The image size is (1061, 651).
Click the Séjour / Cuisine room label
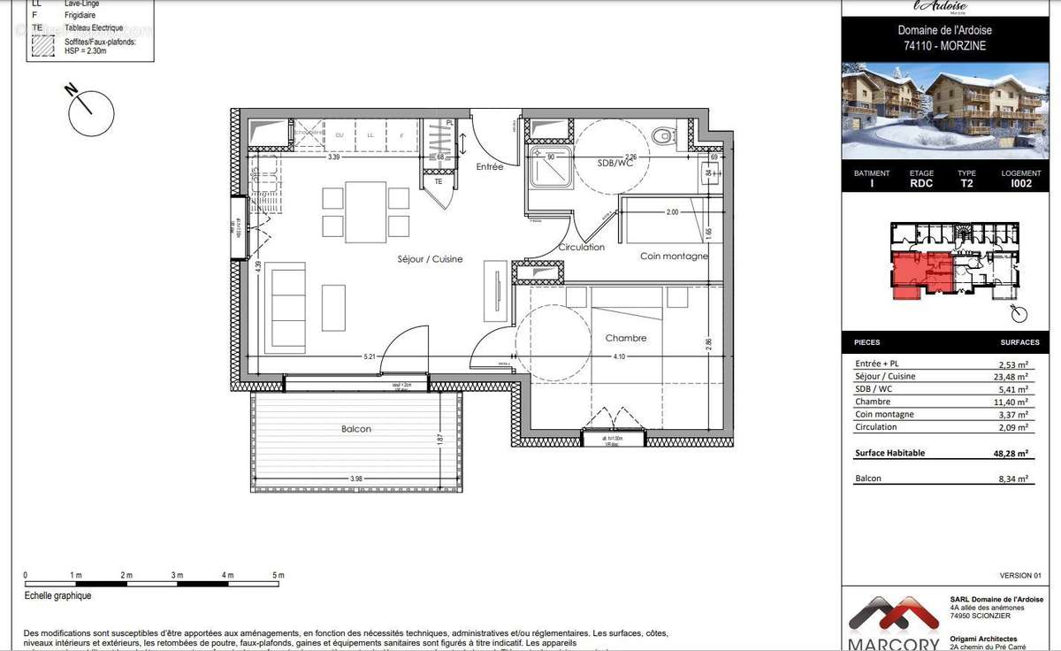click(x=429, y=260)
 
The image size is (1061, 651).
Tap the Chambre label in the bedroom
click(x=626, y=338)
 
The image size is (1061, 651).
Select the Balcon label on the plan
click(x=356, y=429)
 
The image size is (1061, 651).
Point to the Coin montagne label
click(x=674, y=257)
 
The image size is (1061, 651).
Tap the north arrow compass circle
click(x=91, y=113)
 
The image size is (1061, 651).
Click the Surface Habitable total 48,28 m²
click(x=1011, y=453)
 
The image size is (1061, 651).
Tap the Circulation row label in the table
click(x=875, y=426)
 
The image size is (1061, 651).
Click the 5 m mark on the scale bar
click(x=279, y=576)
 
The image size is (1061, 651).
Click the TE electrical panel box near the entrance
click(x=439, y=181)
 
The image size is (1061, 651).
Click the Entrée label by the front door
click(x=489, y=166)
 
